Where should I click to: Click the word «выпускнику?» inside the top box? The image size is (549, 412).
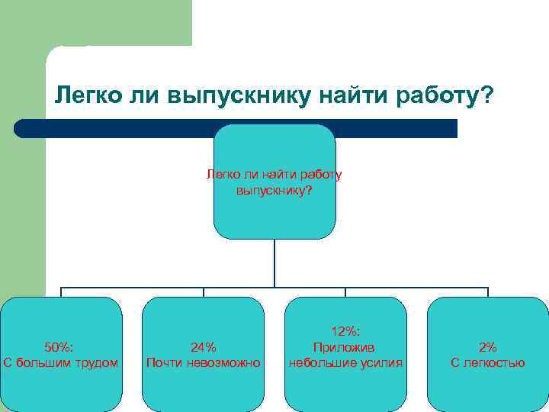[274, 189]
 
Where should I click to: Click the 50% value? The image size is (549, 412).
[61, 346]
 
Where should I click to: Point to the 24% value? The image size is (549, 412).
[203, 346]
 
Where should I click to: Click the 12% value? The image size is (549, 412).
[345, 330]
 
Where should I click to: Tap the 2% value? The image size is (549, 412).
[488, 346]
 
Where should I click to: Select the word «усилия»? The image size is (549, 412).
[380, 362]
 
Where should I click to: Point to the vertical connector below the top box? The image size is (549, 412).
[274, 263]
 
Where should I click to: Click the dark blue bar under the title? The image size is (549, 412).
[114, 128]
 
